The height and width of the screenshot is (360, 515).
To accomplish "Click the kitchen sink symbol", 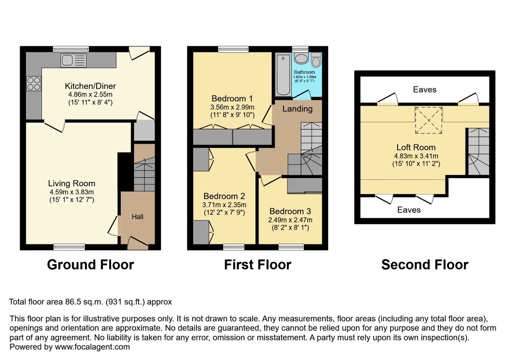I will pos(73,60).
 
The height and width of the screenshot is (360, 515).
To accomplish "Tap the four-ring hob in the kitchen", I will pos(34,84).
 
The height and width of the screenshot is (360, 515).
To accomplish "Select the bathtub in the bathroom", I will pos(283,75).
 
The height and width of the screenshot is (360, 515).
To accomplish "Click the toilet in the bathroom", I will pos(316,60).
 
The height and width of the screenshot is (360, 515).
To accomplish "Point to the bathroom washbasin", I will pos(301,59).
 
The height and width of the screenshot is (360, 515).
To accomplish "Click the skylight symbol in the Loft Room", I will pos(428,120).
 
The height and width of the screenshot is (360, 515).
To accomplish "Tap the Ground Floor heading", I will pos(90,265).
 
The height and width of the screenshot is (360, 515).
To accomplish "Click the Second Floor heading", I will pos(425,265).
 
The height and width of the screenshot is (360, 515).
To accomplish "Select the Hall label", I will pos(137,217).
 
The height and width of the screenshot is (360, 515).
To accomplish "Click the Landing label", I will pos(297,109).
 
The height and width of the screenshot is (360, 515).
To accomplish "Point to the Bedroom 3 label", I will pos(290,211).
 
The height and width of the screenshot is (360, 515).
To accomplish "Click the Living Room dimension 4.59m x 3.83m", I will pos(71,192).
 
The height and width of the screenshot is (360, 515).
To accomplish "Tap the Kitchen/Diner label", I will pos(90,86).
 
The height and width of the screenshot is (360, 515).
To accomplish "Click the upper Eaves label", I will pos(425,89).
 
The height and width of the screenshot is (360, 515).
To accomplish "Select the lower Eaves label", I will pos(409,210).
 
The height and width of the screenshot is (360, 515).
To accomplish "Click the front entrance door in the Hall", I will pos(138,243).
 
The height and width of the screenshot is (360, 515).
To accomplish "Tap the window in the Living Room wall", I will pos(69,247).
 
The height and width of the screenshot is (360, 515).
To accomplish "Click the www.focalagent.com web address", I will pos(92,347).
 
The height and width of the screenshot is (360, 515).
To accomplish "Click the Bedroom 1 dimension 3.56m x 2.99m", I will pos(232,107).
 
